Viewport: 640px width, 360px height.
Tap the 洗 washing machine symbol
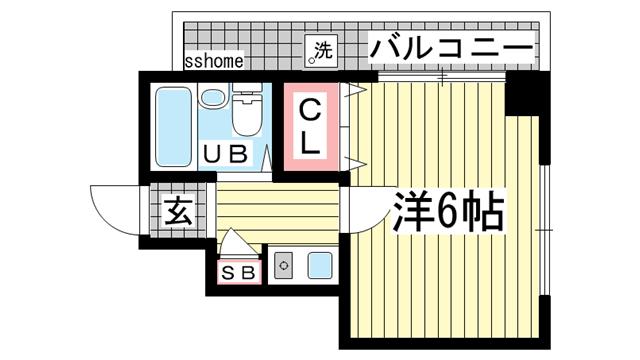pyautogui.click(x=322, y=50)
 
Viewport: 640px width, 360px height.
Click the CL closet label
pyautogui.click(x=311, y=126)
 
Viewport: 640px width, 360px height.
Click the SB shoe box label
pyautogui.click(x=239, y=270)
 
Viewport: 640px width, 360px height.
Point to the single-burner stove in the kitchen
pyautogui.click(x=284, y=267)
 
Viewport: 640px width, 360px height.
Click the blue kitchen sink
pyautogui.click(x=320, y=266)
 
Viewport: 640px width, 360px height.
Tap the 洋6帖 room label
pyautogui.click(x=448, y=211)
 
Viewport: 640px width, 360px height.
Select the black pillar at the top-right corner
pyautogui.click(x=526, y=94)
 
